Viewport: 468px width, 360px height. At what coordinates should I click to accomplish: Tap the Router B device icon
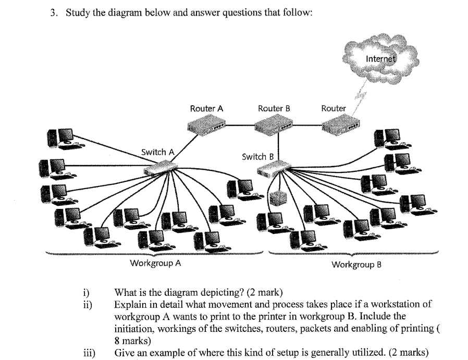coord(274,125)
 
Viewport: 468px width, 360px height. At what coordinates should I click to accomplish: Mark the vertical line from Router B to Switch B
coord(279,146)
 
